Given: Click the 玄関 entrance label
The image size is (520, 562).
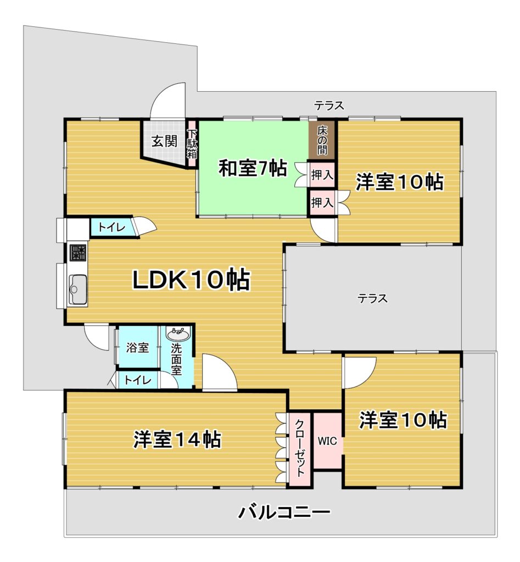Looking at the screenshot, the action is point(164,141).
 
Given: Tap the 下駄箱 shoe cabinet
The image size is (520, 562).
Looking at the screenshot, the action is point(192,143).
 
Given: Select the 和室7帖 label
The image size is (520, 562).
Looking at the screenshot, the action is point(253,167).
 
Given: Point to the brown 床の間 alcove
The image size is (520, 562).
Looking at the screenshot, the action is point(322,140).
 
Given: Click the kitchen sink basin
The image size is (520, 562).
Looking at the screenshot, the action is point(77,289).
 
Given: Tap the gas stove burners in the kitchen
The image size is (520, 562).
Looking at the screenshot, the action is point(77,252).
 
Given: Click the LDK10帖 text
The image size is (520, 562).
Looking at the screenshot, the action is point(191,279).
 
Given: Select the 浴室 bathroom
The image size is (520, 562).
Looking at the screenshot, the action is point(137,347).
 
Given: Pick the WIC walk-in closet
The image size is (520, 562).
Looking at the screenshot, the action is point(327,441).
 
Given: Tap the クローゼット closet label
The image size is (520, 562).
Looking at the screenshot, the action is point(299,448).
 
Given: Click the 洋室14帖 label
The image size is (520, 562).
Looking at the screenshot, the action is point(177,439).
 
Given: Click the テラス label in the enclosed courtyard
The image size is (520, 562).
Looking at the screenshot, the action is point(373,298).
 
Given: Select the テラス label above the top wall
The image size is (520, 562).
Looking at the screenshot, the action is point(329,105).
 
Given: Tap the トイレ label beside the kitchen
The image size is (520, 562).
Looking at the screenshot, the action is point(111,227).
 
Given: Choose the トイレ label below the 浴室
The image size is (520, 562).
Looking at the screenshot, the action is point(138,380).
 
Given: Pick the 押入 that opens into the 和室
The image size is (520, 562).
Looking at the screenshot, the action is point(322,175).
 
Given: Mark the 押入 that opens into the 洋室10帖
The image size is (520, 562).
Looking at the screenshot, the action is point(322,203).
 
